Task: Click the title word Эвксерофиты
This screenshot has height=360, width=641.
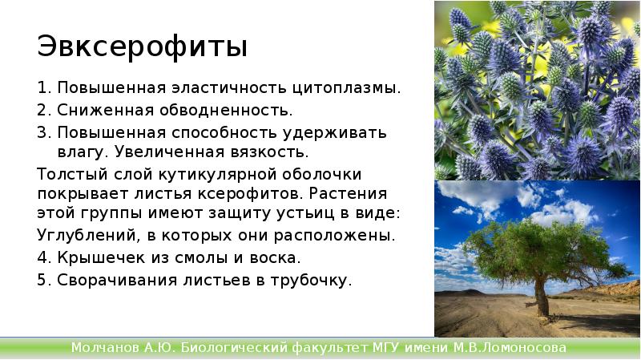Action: pyautogui.click(x=142, y=47)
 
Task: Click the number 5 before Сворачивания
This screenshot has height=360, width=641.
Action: pyautogui.click(x=42, y=280)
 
